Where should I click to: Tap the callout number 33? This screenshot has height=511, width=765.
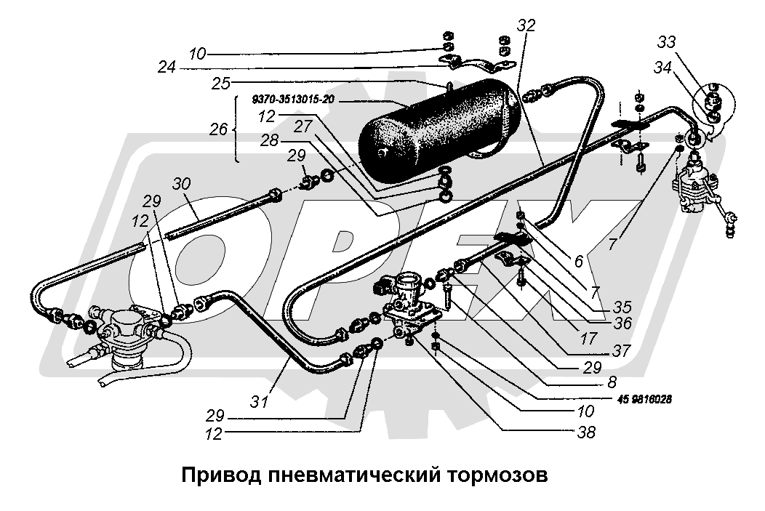tap(667, 41)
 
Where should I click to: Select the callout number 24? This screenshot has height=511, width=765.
tap(167, 68)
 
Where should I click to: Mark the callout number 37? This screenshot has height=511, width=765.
tap(622, 350)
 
